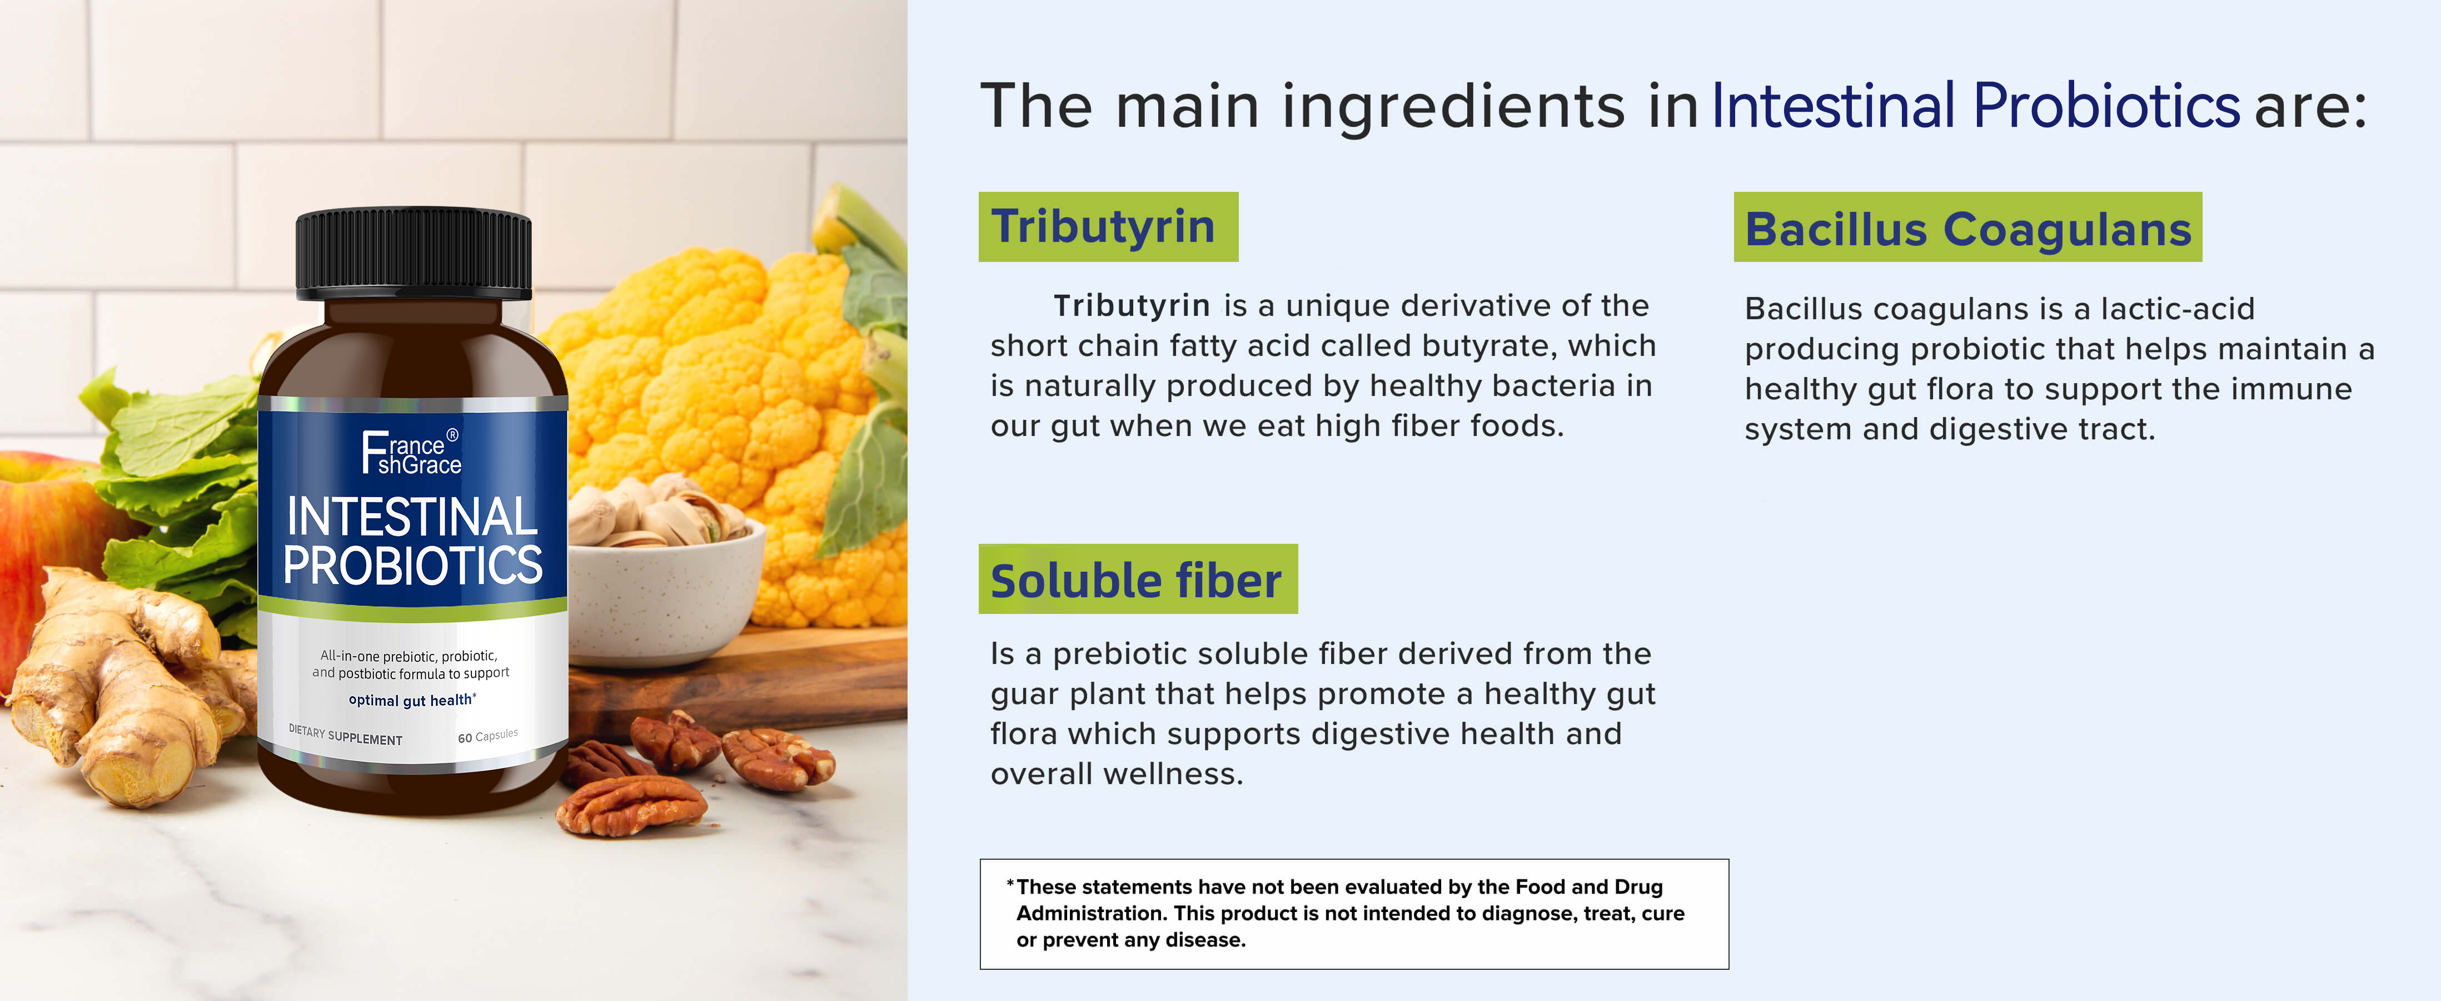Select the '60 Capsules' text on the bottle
(x=488, y=736)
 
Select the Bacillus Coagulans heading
(x=1967, y=227)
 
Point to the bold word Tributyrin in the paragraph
(x=1132, y=305)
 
